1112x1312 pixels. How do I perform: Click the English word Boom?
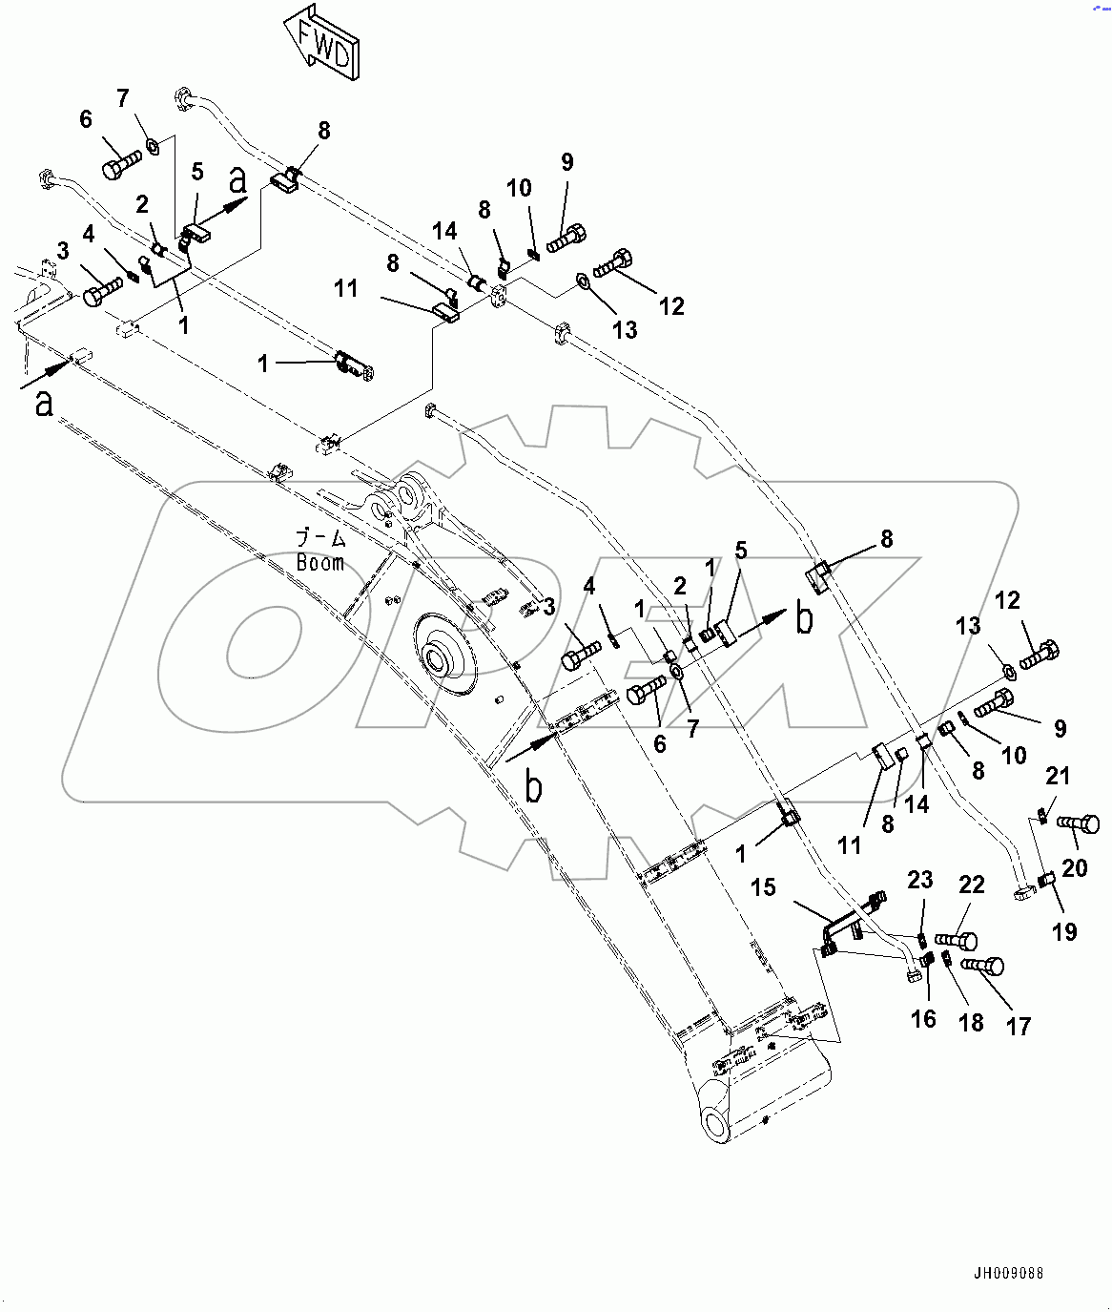pos(319,563)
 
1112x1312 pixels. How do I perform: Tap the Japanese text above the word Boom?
pos(319,539)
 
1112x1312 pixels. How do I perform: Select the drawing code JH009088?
pos(1008,1273)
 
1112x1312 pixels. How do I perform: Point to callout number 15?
pos(763,888)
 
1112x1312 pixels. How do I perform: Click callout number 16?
pos(923,1018)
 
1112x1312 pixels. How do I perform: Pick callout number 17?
pos(1019,1026)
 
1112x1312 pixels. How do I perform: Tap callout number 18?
pos(971,1023)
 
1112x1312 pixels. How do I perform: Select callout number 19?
pos(1064,930)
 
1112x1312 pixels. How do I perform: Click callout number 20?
pos(1074,867)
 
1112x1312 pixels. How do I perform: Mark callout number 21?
pos(1058,777)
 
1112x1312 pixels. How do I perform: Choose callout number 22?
pos(971,885)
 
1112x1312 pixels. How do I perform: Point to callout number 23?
pos(919,879)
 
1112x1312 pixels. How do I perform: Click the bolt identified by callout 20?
pos(1079,822)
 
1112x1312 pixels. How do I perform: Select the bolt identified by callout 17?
pos(982,966)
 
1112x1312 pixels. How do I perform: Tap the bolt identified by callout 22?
pos(956,941)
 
